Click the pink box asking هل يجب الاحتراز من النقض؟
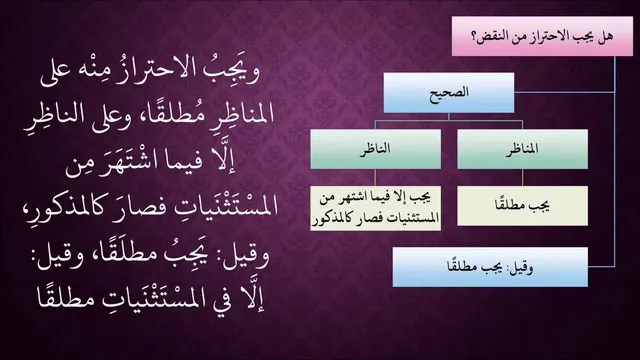coord(542,36)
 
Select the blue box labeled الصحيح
coord(449,93)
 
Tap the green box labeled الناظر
coord(375,149)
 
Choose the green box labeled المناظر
coord(522,149)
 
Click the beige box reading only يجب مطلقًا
coord(522,206)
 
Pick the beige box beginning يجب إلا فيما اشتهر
coord(376,208)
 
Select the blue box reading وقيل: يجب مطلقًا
coord(490,267)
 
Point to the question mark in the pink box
coord(475,37)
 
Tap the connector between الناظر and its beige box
coord(375,178)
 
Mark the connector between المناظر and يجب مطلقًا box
coord(522,178)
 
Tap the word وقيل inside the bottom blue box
coord(520,268)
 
